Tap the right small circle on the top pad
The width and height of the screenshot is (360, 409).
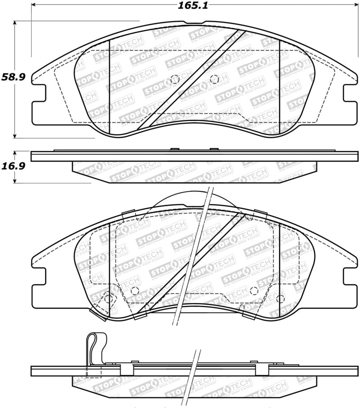click(214, 78)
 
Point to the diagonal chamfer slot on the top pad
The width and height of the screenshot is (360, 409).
click(192, 80)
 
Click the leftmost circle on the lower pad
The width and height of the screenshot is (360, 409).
click(108, 297)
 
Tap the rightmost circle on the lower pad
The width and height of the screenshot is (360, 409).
click(280, 298)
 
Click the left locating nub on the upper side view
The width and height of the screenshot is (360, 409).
click(175, 149)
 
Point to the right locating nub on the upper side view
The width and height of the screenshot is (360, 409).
click(214, 149)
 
